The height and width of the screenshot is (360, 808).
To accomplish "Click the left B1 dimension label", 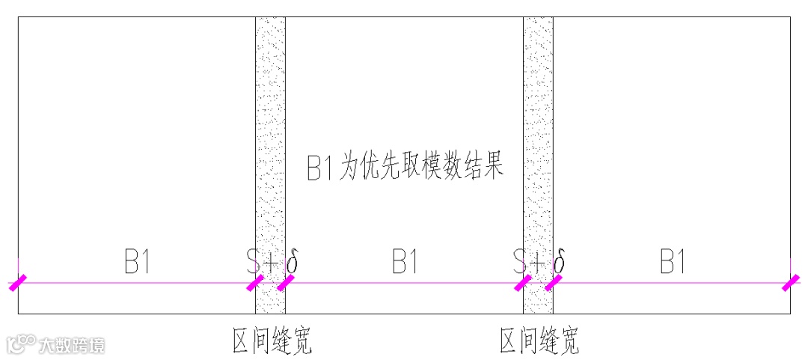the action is coord(137,263).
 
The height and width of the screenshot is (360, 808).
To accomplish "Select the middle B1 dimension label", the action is coord(405,263).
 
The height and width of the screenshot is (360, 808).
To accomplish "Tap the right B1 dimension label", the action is coord(673,263).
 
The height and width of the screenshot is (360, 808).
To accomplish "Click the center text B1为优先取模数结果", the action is coord(405,167).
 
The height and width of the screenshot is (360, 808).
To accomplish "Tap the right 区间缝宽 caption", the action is coord(539,341).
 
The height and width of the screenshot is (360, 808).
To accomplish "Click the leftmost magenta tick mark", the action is coord(18,283).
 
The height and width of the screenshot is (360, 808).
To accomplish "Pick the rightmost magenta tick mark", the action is coord(790,283).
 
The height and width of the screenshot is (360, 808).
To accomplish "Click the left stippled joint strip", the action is coord(270,150).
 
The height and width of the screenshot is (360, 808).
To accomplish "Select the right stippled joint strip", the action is coord(538,150).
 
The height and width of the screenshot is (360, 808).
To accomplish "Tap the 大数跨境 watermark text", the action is coord(72,345).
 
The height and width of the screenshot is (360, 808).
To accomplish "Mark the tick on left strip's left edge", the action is coord(255,283).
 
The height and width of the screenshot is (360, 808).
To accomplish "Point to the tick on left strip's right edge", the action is coord(285,283).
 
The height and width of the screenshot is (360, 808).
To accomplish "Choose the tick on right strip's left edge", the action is coord(523,283).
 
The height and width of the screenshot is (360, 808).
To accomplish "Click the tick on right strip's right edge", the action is coord(553,283).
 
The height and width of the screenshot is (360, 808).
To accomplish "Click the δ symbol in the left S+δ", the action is coord(293,262).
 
